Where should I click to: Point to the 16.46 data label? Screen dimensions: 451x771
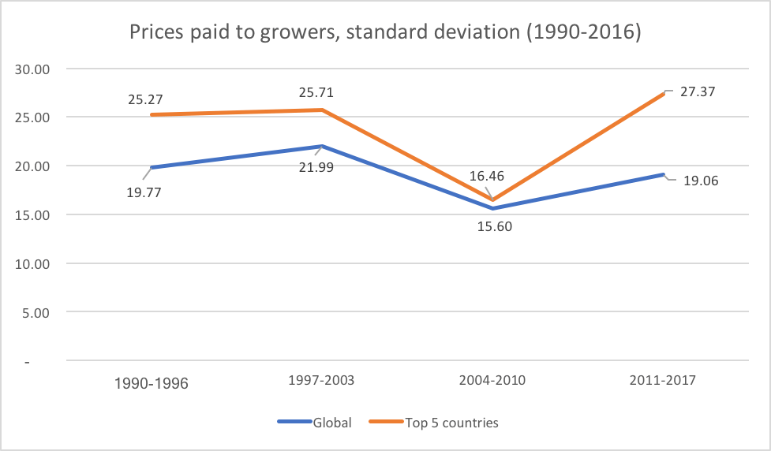click(488, 177)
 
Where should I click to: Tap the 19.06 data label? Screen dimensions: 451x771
click(700, 180)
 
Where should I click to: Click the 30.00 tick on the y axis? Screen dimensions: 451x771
click(32, 69)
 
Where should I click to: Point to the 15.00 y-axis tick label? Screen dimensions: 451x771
click(32, 214)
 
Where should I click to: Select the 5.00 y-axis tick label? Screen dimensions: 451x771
click(36, 312)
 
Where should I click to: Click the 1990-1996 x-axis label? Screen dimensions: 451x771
click(151, 384)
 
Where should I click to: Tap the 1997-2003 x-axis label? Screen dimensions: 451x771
click(321, 380)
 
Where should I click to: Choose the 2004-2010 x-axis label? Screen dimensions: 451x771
click(493, 380)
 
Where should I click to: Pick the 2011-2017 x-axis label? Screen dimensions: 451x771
click(664, 380)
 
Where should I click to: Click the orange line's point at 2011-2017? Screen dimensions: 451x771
click(664, 93)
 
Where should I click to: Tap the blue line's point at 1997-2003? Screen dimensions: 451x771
click(322, 146)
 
